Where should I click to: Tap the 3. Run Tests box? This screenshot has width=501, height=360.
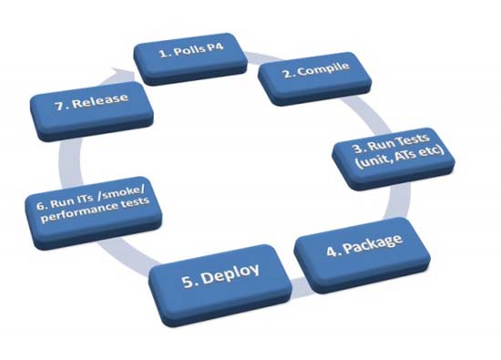pyautogui.click(x=402, y=157)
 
